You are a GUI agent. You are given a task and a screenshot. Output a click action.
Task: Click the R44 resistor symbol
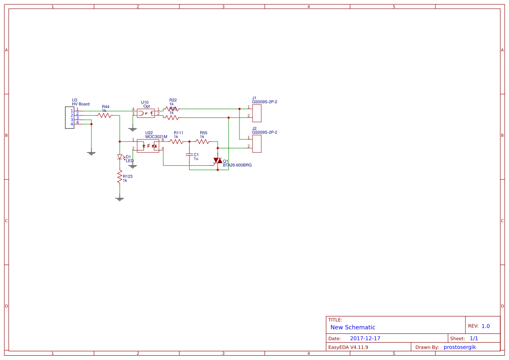coord(105,115)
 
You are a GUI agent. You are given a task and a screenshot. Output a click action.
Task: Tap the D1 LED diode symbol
coord(119,157)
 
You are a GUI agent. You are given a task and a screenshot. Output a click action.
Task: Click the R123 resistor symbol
coord(119,177)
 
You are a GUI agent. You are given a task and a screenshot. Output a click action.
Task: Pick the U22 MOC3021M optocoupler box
coord(148,146)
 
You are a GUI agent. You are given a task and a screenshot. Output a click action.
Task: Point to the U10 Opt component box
coord(145,113)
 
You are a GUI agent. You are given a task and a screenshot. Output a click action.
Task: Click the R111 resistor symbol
coord(176,141)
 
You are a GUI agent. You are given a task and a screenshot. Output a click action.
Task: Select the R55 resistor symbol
coord(202,141)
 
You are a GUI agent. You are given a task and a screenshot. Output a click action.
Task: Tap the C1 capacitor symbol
coord(189,155)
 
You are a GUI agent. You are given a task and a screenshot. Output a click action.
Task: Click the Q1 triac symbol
coord(218,161)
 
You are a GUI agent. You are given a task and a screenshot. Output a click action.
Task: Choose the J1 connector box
coord(256,113)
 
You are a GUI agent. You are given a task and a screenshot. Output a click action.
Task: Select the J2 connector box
coord(256,144)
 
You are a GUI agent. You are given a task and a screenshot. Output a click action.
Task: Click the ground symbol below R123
coord(119,199)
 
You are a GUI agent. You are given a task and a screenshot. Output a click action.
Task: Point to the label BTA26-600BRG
coord(237,165)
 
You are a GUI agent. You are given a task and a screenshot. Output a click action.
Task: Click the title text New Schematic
coord(353,327)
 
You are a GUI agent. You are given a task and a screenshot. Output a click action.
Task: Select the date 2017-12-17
coord(365,338)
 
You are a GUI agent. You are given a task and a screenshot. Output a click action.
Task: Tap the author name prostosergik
coord(460,347)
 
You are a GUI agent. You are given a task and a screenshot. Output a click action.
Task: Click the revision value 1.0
coord(485,326)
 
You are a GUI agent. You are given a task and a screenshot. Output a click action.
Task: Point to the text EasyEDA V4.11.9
coord(348,347)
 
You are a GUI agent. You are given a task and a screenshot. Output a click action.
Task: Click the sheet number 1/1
coord(474,338)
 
